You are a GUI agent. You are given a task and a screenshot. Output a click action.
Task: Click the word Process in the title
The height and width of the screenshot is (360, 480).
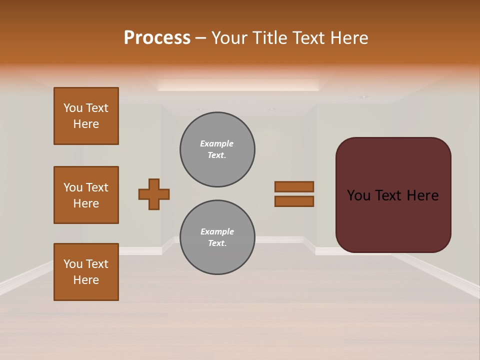[x=157, y=38]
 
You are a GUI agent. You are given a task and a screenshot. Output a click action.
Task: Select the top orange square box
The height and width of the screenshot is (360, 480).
[x=86, y=116]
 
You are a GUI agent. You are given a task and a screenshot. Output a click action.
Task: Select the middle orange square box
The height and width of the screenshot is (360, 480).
[x=86, y=195]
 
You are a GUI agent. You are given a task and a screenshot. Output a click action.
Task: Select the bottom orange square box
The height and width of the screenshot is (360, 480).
[x=86, y=272]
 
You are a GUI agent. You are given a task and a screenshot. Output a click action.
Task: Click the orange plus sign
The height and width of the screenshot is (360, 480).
[x=154, y=194]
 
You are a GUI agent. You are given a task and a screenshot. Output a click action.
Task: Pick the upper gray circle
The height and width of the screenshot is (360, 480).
[x=217, y=149]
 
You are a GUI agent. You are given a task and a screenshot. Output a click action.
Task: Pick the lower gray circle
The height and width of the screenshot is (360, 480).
[x=217, y=237]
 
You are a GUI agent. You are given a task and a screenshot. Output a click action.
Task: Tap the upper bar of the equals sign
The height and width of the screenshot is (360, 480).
[x=294, y=186]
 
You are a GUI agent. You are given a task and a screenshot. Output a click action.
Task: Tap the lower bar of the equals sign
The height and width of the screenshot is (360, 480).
[x=294, y=201]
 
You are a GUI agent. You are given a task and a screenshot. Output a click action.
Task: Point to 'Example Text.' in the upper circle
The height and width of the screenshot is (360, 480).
[x=217, y=149]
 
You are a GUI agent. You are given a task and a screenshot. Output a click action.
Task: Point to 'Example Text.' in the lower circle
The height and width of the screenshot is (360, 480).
[x=217, y=237]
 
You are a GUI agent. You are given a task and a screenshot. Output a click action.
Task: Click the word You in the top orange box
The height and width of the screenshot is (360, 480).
[x=72, y=108]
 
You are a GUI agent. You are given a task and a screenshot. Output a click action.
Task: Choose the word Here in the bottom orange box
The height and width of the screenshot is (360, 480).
[x=86, y=280]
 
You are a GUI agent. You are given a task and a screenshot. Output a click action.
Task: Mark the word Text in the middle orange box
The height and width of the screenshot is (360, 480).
[x=96, y=187]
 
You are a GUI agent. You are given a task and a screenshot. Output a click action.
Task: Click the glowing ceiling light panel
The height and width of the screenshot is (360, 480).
[x=238, y=85]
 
